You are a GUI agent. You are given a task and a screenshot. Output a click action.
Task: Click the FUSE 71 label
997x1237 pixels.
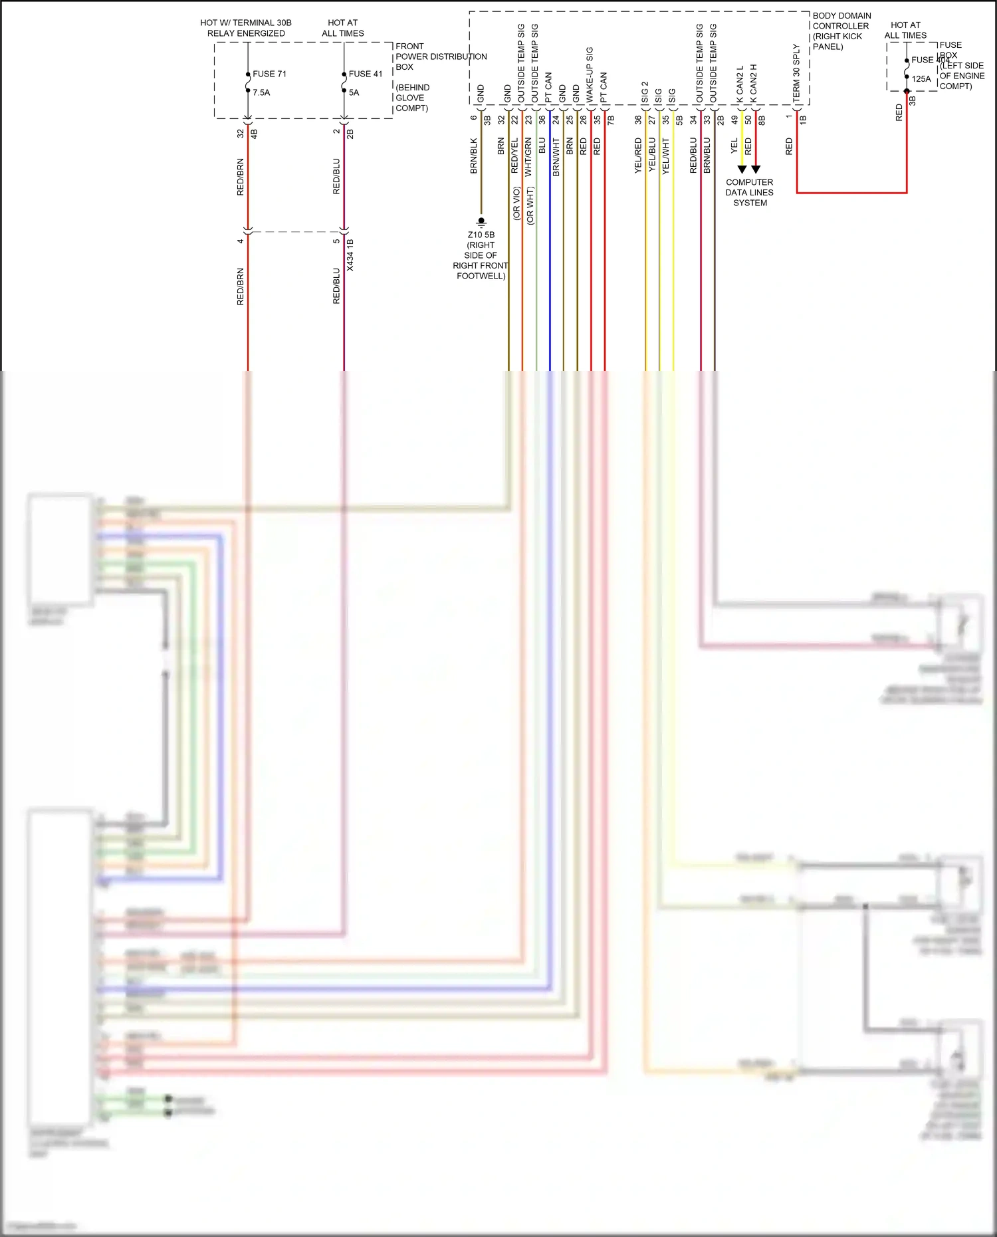[x=269, y=74]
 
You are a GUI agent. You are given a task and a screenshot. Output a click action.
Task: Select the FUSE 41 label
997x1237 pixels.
[x=366, y=74]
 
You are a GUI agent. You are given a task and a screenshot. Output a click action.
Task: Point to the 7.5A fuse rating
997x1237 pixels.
[x=261, y=92]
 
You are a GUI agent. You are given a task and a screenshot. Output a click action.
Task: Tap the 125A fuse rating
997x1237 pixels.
[x=921, y=78]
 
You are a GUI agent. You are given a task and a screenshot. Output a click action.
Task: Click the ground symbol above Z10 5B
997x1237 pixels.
[x=481, y=221]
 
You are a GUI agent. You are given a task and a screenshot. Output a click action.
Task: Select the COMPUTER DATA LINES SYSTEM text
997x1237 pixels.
[x=749, y=192]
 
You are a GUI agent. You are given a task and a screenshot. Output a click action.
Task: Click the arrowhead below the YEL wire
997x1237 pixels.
[x=742, y=169]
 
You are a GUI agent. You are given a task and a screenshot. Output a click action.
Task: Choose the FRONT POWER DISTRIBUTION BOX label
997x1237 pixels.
[x=441, y=56]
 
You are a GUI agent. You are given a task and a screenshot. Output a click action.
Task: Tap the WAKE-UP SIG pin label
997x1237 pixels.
[x=590, y=74]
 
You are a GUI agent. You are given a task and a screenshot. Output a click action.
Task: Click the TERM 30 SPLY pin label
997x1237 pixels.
[x=796, y=73]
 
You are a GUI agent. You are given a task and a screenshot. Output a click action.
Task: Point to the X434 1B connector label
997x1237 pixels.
[x=350, y=255]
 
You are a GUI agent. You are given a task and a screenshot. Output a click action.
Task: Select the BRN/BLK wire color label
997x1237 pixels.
[x=474, y=156]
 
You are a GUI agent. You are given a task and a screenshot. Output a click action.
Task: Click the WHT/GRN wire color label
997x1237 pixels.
[x=528, y=157]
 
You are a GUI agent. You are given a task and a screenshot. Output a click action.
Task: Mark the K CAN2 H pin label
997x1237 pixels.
[x=754, y=83]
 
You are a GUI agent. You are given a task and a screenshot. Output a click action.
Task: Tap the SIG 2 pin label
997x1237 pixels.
[x=645, y=92]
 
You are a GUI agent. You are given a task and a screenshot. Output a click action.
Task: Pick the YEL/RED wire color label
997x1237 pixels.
[x=638, y=156]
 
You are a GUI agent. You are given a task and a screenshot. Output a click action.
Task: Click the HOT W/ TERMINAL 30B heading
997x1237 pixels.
[x=246, y=23]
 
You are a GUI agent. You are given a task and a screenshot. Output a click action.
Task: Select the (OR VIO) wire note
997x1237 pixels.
[x=516, y=203]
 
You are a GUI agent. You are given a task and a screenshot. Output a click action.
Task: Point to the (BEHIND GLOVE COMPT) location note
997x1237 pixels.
[x=413, y=98]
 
